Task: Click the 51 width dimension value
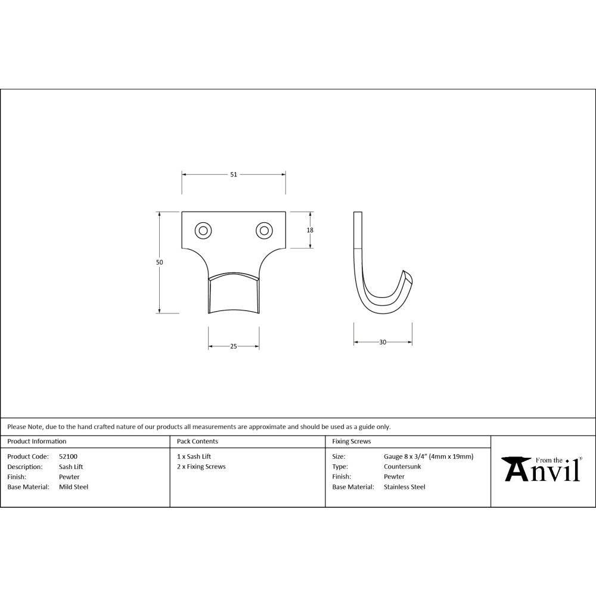pos(234,175)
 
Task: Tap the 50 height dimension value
pos(160,262)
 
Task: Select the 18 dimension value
pos(311,230)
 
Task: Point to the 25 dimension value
pos(234,346)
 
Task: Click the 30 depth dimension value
pos(383,342)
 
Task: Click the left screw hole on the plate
pos(203,230)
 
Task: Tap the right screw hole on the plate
pos(263,230)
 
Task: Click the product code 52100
pos(68,457)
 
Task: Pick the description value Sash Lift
pos(72,467)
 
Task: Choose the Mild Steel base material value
pos(73,487)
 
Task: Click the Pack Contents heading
pos(197,442)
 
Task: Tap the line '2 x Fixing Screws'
pos(201,467)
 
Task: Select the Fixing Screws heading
pos(351,442)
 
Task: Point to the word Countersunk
pos(402,467)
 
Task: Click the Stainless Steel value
pos(405,487)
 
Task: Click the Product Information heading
pos(37,442)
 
